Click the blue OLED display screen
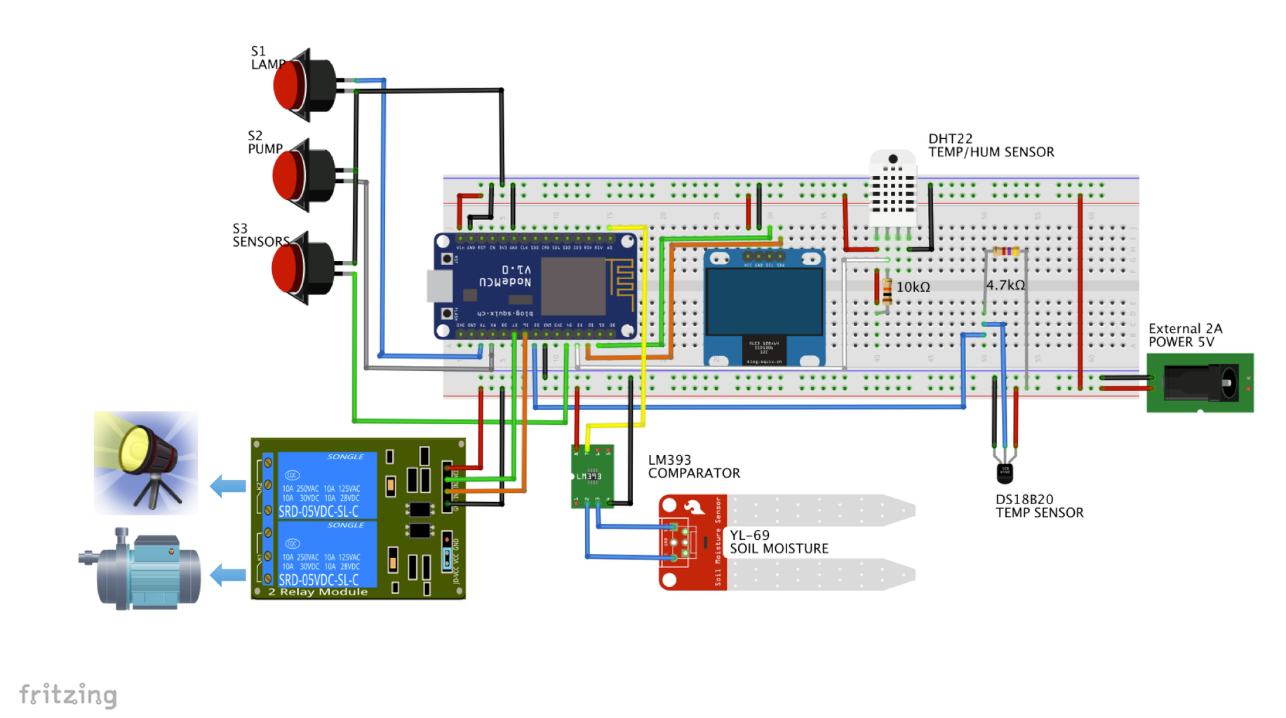pyautogui.click(x=764, y=302)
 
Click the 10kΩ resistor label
pyautogui.click(x=913, y=287)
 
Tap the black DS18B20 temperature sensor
pyautogui.click(x=1005, y=473)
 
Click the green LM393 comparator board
pyautogui.click(x=592, y=476)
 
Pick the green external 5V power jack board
pyautogui.click(x=1200, y=383)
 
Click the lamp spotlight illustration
pyautogui.click(x=146, y=463)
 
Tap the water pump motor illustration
pyautogui.click(x=144, y=569)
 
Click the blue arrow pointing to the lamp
pyautogui.click(x=228, y=485)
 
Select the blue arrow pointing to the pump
pyautogui.click(x=228, y=575)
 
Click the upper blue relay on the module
pyautogui.click(x=327, y=485)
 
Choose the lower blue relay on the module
pyautogui.click(x=327, y=554)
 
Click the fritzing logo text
pyautogui.click(x=68, y=695)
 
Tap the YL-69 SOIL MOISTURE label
pyautogui.click(x=778, y=542)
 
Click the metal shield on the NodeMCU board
pyautogui.click(x=572, y=286)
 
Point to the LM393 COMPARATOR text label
pyautogui.click(x=693, y=466)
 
